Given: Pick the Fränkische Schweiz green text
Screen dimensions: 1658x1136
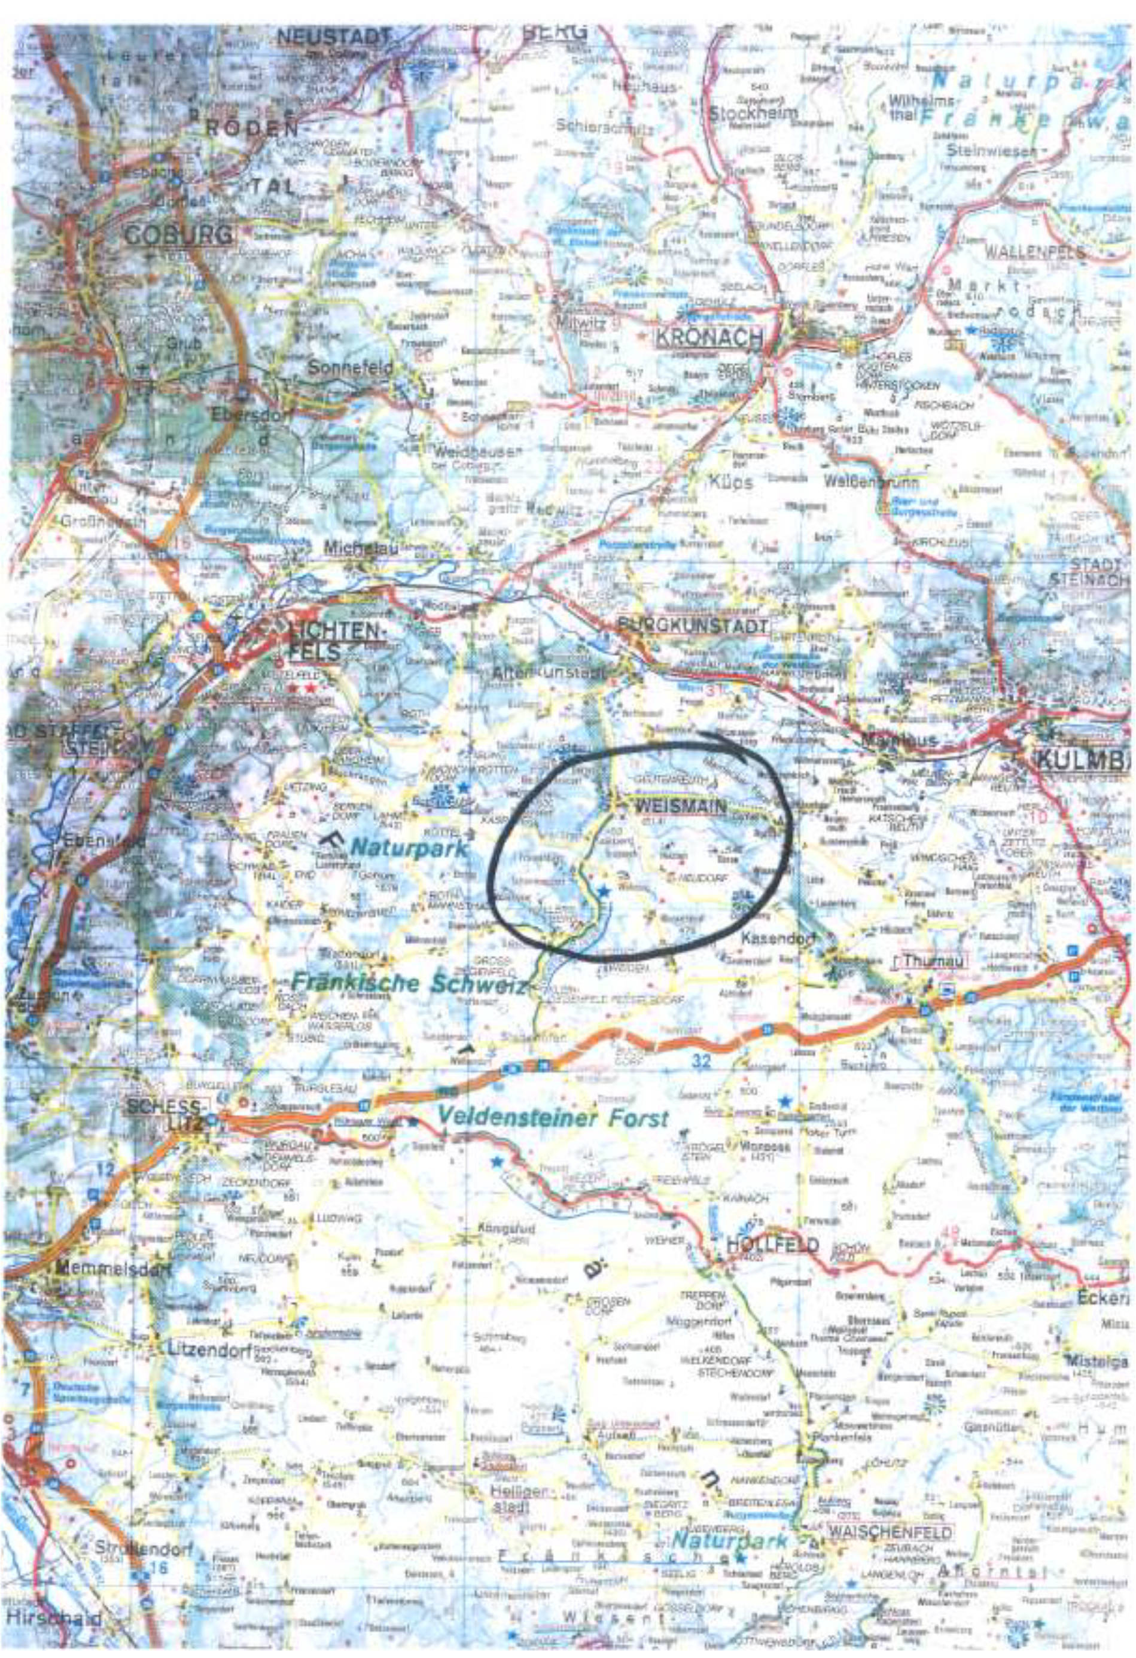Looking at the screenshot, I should pyautogui.click(x=409, y=984).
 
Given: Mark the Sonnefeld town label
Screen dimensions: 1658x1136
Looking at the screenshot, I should pyautogui.click(x=351, y=367).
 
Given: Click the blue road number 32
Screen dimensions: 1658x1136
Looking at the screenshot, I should pyautogui.click(x=702, y=1061).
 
